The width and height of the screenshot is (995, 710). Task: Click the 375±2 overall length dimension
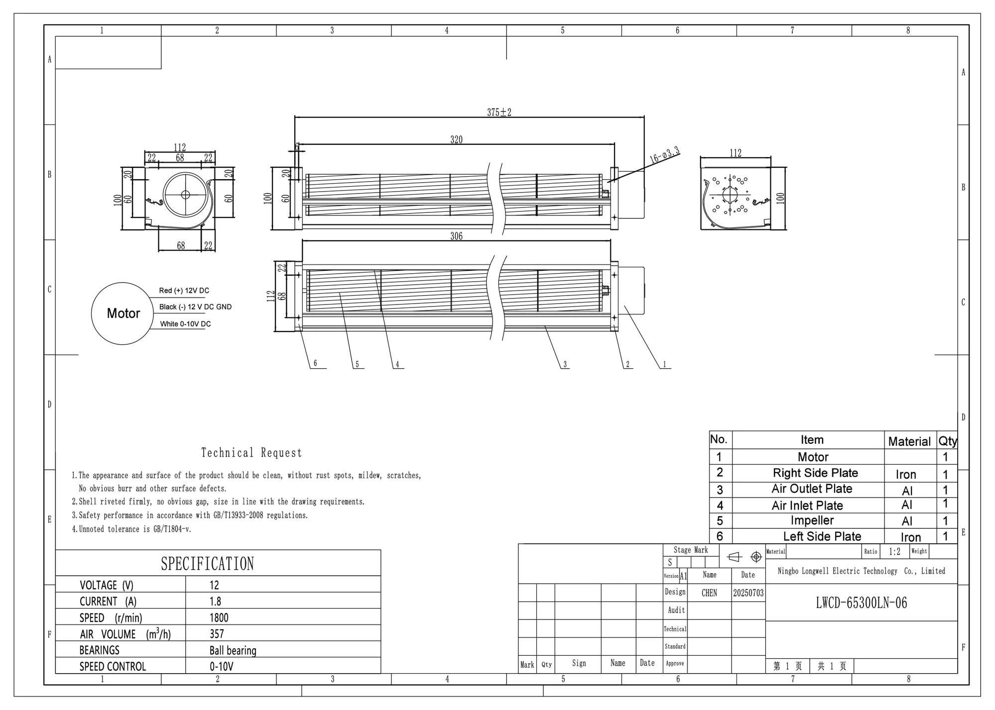499,112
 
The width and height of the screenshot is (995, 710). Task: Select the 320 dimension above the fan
456,140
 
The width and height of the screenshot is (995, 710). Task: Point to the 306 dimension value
456,236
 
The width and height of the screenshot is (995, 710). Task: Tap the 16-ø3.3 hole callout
665,156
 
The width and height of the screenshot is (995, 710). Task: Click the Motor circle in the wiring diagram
123,313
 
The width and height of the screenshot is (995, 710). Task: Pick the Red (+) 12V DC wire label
184,291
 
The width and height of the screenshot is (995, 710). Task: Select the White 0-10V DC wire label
185,324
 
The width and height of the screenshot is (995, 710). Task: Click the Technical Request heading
251,453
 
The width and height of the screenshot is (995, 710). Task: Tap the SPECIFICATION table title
207,564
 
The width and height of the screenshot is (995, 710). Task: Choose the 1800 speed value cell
219,618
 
